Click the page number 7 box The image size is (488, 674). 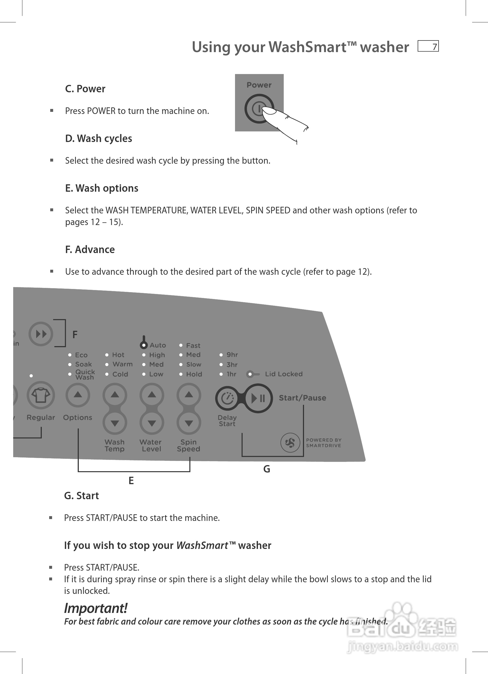click(x=428, y=46)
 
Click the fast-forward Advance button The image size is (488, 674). click(x=41, y=334)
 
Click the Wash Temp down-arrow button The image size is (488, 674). click(x=115, y=423)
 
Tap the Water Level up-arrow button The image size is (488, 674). click(x=152, y=395)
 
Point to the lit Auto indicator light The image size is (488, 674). click(x=144, y=345)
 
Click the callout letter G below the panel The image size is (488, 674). click(x=266, y=469)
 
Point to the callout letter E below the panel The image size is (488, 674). click(x=131, y=480)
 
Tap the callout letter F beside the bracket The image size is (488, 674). click(x=75, y=335)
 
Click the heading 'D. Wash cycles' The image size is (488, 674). click(x=98, y=139)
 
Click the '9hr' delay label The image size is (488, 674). click(x=232, y=355)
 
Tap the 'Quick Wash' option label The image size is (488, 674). click(x=85, y=374)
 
